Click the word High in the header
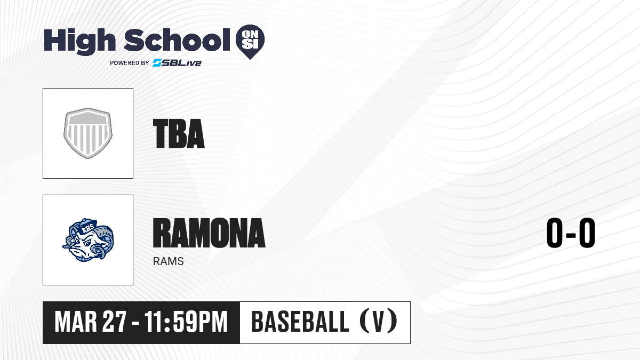coord(80,41)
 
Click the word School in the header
coord(177,40)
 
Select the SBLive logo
coord(177,63)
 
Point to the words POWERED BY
coord(130,63)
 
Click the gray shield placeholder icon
coord(88,133)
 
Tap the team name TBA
coord(179,134)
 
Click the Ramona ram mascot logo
coord(88,240)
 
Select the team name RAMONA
coord(209,233)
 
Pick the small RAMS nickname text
coord(169,261)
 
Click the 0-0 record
coord(571,233)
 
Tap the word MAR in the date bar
coord(76,322)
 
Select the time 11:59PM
coord(186,322)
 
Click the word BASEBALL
coord(300,322)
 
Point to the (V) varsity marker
coord(379,322)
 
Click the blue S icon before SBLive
coord(157,63)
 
